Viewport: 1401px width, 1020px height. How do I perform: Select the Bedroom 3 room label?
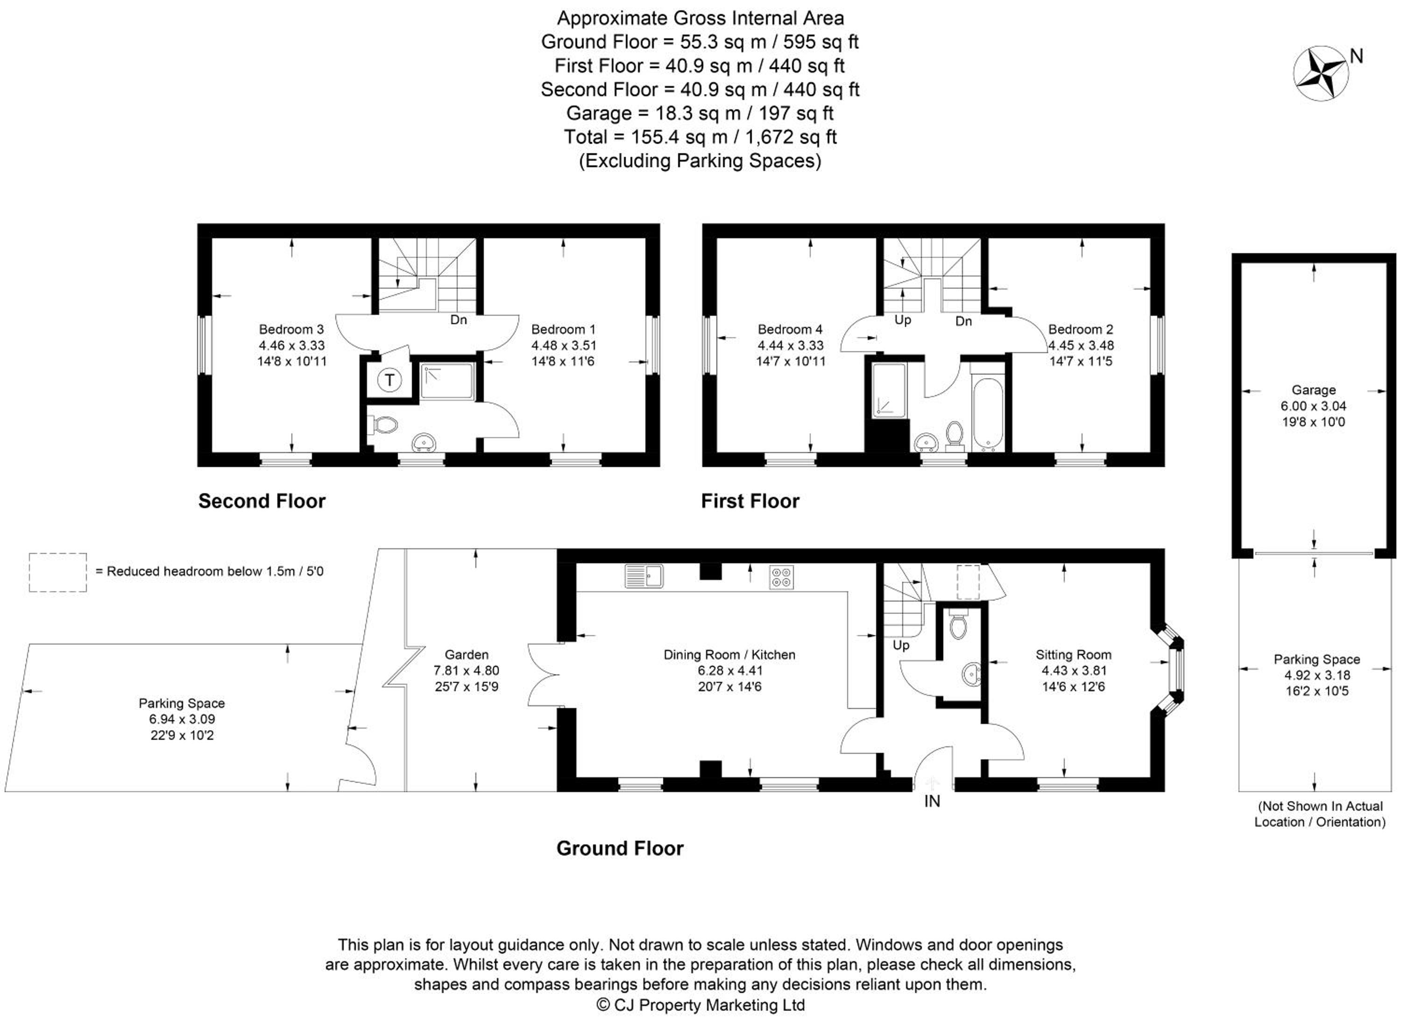[291, 329]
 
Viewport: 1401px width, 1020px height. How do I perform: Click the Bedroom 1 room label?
[563, 329]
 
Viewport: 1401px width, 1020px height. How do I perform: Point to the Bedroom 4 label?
[790, 329]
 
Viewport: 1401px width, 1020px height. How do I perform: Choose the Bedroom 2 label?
[1081, 329]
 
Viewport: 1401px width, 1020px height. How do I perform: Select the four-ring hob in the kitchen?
[781, 577]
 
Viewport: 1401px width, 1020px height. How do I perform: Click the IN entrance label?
[932, 801]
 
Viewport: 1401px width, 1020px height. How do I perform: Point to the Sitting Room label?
[1074, 655]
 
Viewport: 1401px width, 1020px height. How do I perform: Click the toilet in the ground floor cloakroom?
[958, 624]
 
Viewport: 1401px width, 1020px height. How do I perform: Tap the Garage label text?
[1313, 390]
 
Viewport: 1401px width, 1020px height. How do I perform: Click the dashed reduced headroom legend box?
[57, 572]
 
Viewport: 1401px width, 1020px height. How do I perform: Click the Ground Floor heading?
[620, 848]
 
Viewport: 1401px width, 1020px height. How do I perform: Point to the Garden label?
[467, 654]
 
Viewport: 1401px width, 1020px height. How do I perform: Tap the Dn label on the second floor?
[458, 319]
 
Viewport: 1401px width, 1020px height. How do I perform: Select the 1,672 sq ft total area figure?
[791, 137]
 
